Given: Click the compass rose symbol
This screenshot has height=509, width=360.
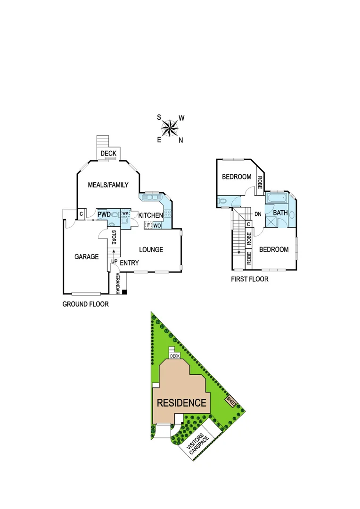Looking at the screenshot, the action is [170, 128].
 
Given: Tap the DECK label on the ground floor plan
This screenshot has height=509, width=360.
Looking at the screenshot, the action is [108, 153].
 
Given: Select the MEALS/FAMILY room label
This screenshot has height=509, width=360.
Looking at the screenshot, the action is [108, 185].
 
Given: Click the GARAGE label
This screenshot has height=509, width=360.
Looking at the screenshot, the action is [87, 257].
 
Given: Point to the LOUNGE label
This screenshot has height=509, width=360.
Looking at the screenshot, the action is [150, 249].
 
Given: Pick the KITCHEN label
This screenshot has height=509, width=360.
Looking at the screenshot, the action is [150, 215].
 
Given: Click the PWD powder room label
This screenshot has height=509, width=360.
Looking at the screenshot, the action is [104, 215].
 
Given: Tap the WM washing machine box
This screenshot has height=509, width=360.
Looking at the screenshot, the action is [125, 213].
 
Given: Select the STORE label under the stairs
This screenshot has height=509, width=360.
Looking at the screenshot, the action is [114, 237].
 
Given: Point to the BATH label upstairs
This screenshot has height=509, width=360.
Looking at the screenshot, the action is [280, 213].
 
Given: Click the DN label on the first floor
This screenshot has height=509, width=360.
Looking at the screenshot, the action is [258, 214].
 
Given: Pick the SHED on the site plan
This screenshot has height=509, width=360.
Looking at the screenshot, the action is [231, 402].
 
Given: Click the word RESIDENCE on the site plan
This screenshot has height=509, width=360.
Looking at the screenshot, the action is [181, 403].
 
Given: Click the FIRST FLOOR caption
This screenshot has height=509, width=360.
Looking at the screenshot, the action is [249, 279].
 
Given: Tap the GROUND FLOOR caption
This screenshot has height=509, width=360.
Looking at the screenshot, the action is [85, 304].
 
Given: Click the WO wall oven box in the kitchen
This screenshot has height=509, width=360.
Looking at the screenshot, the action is [157, 226].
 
